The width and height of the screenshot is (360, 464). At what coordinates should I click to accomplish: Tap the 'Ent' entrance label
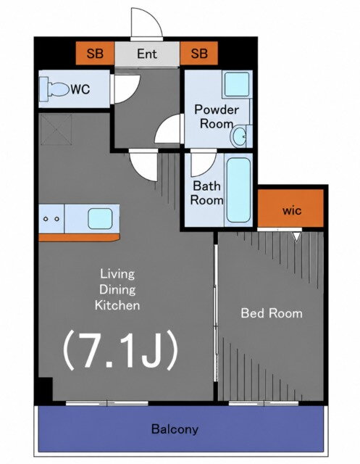147,54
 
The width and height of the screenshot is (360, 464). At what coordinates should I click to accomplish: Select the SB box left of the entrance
95,53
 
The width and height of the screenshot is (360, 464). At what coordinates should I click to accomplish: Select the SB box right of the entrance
199,53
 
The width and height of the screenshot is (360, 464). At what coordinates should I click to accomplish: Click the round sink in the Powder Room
238,136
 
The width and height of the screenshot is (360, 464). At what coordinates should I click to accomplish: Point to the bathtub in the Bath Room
238,190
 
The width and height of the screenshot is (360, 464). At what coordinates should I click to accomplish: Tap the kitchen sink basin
100,219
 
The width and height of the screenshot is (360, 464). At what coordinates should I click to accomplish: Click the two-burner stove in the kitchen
51,219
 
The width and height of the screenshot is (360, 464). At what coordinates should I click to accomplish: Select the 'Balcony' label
175,429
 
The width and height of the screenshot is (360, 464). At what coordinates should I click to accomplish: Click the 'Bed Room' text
272,313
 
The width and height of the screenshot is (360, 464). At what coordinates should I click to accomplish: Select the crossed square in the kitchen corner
56,130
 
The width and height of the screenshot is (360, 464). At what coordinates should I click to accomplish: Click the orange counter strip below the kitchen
79,238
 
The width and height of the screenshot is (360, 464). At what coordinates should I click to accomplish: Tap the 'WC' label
80,88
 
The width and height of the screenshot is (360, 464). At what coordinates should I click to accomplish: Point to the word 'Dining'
117,289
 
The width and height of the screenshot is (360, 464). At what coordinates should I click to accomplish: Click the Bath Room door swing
204,165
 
